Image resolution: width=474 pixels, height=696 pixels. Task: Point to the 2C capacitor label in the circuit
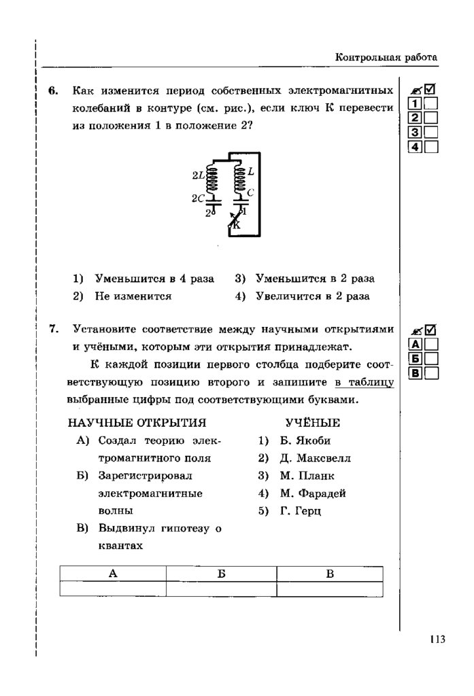198,198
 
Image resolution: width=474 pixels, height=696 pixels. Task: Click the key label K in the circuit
237,224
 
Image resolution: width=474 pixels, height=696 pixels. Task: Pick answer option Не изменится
133,296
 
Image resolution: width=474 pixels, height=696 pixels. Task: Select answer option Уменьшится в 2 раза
315,279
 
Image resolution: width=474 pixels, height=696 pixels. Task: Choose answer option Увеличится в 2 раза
313,296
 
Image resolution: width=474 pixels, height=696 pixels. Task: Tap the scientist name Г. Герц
300,511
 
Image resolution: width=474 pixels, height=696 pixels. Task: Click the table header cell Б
221,574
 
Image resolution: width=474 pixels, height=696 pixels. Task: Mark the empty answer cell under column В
329,589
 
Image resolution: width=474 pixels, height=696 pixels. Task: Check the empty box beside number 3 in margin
431,133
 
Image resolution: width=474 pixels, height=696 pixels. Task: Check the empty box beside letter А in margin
431,344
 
